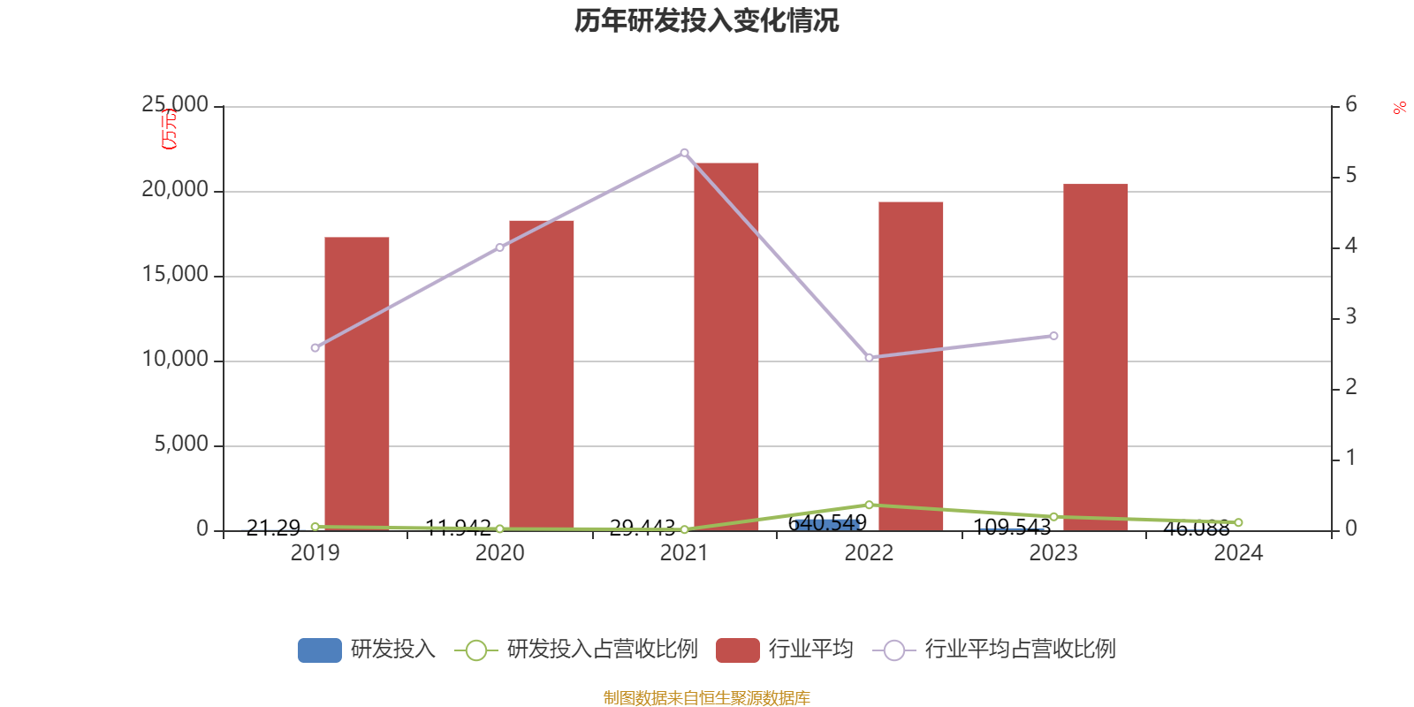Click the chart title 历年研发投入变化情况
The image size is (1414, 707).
706,20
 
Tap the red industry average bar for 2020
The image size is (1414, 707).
542,375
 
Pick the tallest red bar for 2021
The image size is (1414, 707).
726,346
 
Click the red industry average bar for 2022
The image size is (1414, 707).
911,365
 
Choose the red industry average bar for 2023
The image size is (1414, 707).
1096,356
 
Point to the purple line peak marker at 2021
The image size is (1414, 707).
685,153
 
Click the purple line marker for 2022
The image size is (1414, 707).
869,358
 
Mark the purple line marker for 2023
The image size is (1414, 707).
1053,336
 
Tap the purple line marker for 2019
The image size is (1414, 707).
315,348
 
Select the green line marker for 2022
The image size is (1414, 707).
869,505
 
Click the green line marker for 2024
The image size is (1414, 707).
1238,522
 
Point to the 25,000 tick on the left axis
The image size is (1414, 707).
176,105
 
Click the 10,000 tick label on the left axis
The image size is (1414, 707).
176,360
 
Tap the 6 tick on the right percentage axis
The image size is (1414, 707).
1350,105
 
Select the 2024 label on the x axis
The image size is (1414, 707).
1238,553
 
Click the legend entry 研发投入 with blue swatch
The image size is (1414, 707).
367,650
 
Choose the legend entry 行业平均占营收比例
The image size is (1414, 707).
994,650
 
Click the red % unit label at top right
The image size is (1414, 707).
1399,108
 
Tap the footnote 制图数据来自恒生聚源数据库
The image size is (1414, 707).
706,698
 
